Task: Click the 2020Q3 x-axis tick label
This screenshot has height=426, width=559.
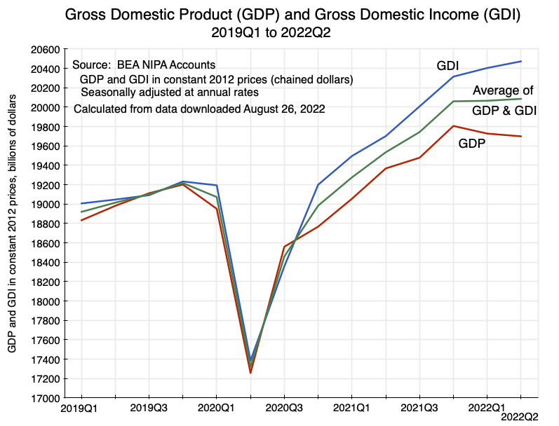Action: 283,407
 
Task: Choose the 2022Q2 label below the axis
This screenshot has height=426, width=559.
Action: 519,417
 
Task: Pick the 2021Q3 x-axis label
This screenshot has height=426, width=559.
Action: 419,407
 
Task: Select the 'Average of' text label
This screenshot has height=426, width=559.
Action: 503,90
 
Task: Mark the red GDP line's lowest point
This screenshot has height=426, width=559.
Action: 250,373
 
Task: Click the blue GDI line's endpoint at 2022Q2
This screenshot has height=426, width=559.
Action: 520,62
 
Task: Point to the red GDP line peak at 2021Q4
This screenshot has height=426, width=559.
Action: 452,126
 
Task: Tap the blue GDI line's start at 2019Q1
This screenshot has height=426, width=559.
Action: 81,203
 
